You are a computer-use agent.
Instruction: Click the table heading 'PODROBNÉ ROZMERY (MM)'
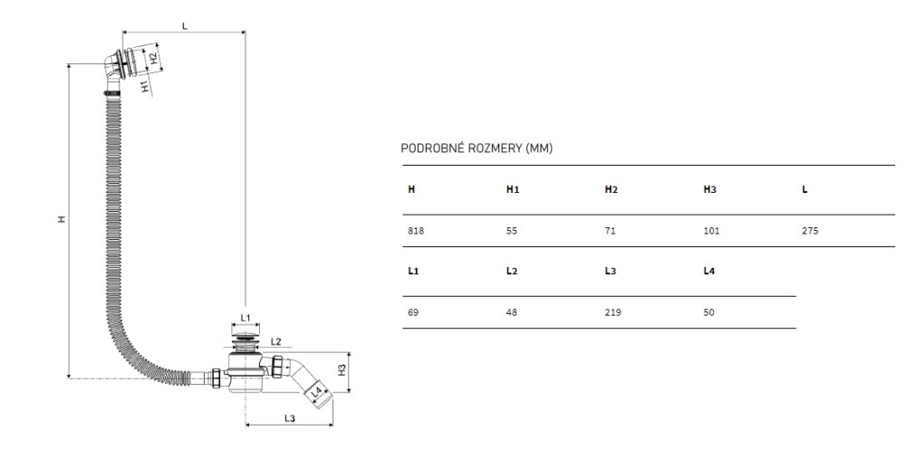[477, 148]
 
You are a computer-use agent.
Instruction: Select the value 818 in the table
[416, 231]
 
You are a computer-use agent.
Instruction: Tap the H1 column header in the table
[513, 189]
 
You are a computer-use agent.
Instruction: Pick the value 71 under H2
[610, 231]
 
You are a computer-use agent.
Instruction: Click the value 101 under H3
[711, 231]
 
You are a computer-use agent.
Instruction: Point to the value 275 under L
[810, 231]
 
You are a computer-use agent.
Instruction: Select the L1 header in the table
[413, 271]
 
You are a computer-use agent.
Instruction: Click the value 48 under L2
[511, 312]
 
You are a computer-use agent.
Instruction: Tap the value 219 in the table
[612, 312]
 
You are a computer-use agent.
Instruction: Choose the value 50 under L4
[709, 312]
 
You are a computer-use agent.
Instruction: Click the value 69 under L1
[412, 312]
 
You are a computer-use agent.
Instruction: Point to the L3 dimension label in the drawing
[290, 418]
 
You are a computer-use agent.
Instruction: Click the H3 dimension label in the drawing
[342, 369]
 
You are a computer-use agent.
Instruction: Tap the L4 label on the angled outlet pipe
[316, 393]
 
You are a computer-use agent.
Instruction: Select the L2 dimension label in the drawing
[275, 342]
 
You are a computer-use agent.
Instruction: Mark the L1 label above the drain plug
[245, 318]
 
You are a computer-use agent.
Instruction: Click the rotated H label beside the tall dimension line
[62, 219]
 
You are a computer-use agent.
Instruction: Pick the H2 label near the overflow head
[153, 58]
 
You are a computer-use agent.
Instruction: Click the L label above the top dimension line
[185, 26]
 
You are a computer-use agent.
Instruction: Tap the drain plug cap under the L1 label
[246, 338]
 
